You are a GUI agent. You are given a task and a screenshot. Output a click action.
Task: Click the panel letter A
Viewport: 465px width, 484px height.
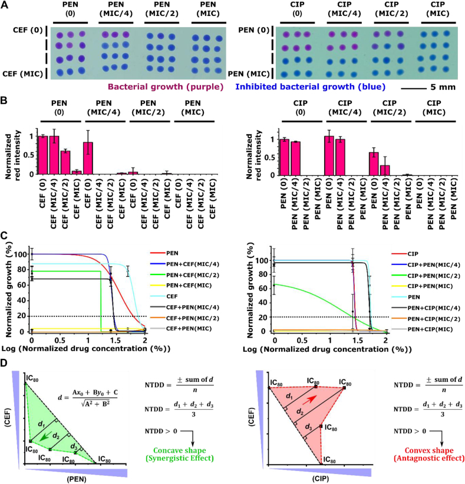(x=5, y=6)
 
